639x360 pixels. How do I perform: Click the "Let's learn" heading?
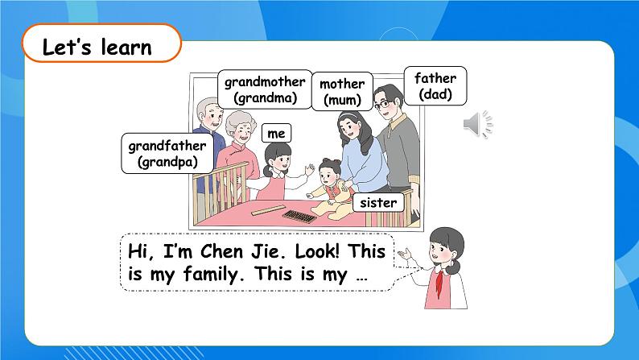point(97,48)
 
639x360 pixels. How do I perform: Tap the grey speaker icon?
point(477,124)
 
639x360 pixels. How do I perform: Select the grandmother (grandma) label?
point(265,89)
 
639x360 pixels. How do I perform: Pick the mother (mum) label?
point(342,92)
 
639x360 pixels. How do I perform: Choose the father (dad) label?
point(435,86)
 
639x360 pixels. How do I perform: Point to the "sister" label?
point(377,203)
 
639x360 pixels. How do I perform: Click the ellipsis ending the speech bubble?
point(360,275)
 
